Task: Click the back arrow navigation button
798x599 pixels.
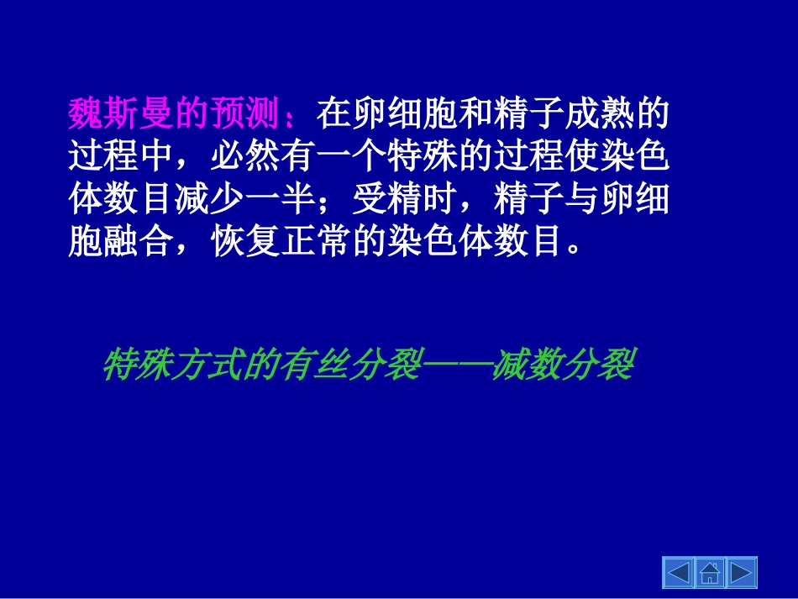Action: click(x=679, y=573)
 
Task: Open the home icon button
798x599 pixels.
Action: click(x=710, y=573)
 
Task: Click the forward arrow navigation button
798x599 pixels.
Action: click(x=741, y=573)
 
